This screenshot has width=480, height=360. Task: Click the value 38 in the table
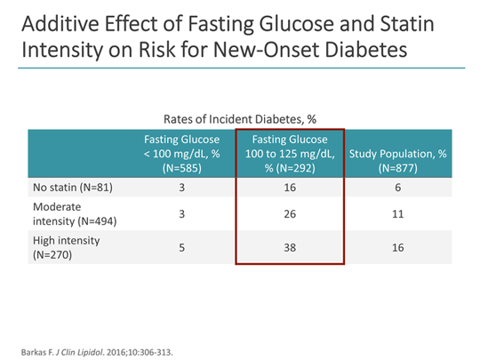(x=289, y=248)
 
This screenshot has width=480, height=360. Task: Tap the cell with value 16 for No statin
(x=289, y=188)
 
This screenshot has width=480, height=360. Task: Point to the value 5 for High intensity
(x=181, y=248)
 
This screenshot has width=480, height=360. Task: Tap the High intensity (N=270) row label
(x=66, y=248)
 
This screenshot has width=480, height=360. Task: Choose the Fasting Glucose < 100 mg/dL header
(x=181, y=153)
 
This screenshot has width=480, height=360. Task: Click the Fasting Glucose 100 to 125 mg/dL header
(x=289, y=153)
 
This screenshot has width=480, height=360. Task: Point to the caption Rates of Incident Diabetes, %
(x=239, y=117)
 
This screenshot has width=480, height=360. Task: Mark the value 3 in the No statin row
(x=181, y=188)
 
